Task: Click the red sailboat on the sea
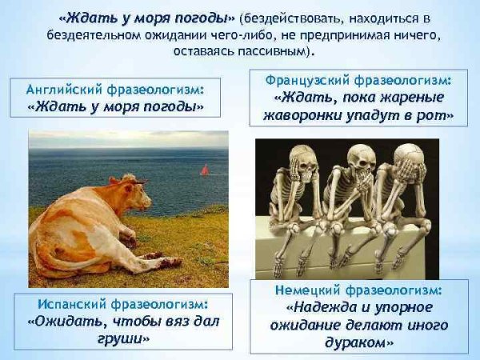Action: pyautogui.click(x=205, y=170)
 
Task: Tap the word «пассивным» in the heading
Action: pyautogui.click(x=270, y=50)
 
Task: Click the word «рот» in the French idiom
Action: pyautogui.click(x=442, y=115)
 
